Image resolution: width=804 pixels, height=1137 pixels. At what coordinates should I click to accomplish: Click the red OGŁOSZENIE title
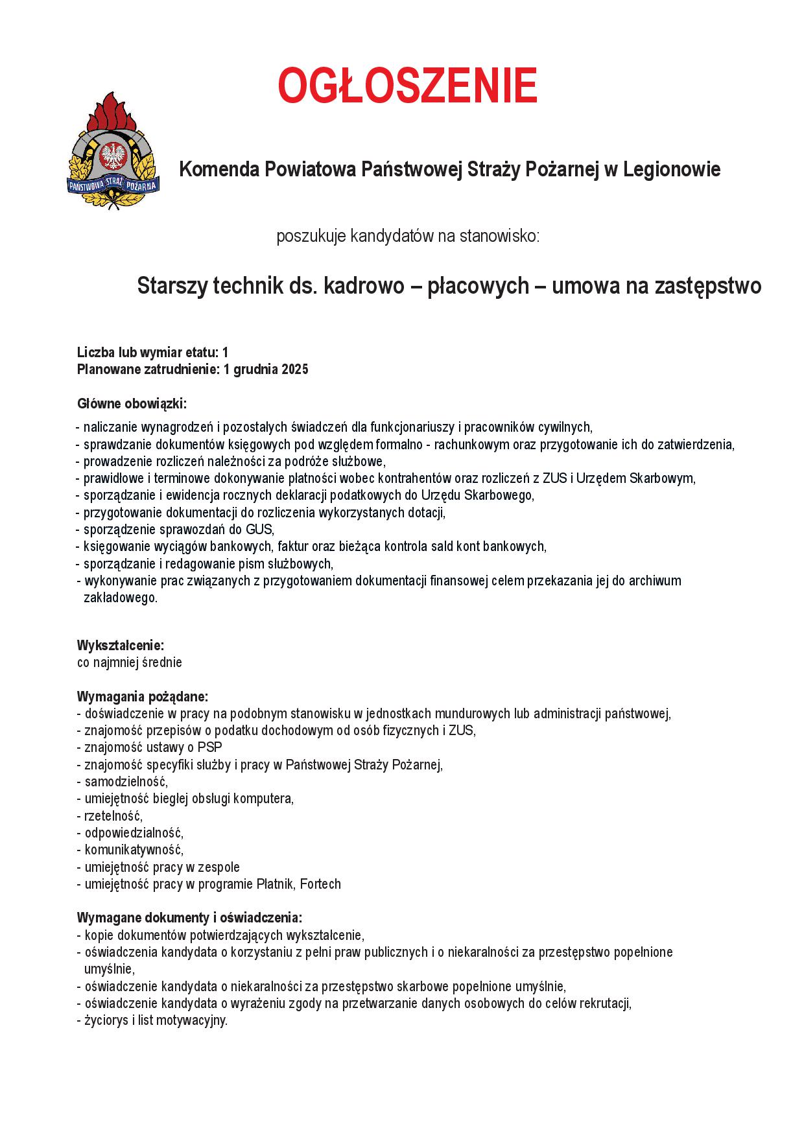[x=408, y=86]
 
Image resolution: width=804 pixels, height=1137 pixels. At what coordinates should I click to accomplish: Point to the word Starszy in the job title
[x=172, y=286]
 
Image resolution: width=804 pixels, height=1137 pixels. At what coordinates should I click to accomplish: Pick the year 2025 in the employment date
[x=295, y=370]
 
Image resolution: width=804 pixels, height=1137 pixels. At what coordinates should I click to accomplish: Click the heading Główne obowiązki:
[x=132, y=404]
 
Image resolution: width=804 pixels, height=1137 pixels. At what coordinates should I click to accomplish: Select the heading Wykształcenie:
[x=121, y=646]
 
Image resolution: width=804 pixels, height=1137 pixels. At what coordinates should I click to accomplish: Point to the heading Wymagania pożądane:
[x=143, y=697]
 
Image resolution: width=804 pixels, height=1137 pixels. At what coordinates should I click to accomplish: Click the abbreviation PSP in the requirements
[x=210, y=747]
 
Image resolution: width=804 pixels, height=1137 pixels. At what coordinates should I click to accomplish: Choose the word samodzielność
[x=126, y=782]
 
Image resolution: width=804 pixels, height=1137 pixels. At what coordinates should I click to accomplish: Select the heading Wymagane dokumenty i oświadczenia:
[x=189, y=918]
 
